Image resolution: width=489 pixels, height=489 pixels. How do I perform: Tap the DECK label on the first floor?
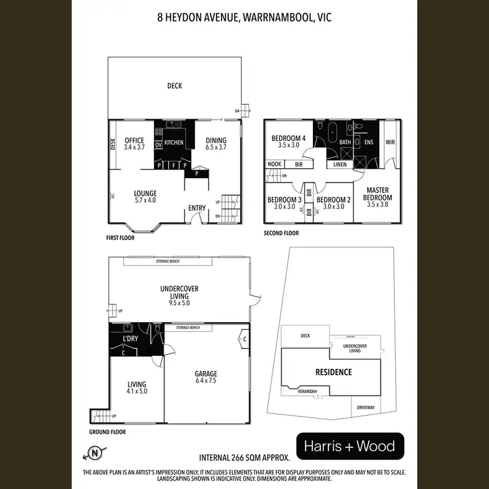174,85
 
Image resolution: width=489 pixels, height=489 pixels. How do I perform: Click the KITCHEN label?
173,142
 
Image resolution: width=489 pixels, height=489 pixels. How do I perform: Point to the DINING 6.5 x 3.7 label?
216,144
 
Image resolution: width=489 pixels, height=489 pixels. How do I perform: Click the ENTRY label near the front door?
197,209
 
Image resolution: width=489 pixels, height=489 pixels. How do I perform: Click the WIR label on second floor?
390,141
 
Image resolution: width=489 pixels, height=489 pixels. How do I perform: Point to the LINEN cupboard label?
340,165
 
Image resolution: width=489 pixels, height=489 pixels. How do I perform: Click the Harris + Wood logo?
350,447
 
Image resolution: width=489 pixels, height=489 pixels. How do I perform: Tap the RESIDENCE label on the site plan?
333,372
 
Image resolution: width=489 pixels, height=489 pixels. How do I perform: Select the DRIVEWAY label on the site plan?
366,407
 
